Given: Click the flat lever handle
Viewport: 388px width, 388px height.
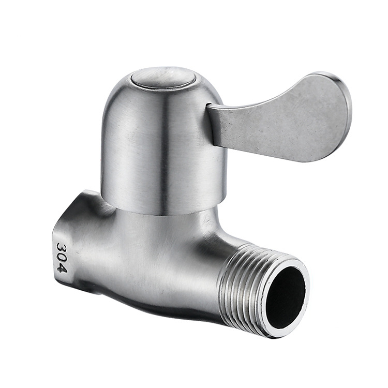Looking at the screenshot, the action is (x=279, y=119).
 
